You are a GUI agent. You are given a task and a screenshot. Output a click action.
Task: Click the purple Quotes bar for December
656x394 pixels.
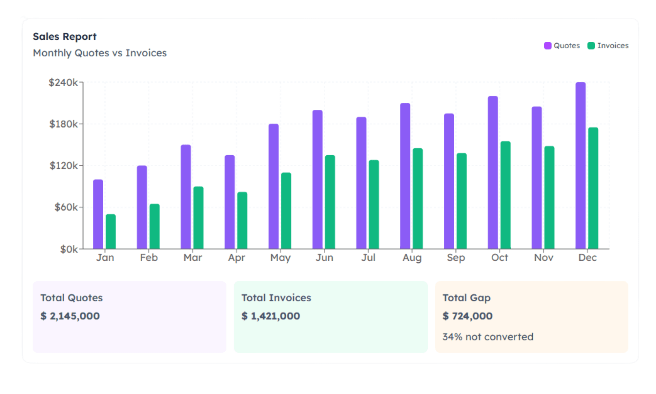[x=580, y=166]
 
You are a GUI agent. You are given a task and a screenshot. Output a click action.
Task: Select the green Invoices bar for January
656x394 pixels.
[x=111, y=231]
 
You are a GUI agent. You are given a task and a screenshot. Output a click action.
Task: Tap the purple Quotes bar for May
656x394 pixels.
[x=274, y=186]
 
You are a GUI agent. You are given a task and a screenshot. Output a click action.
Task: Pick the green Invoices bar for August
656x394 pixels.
[x=418, y=199]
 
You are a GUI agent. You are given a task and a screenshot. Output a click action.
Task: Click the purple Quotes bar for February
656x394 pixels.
[x=142, y=207]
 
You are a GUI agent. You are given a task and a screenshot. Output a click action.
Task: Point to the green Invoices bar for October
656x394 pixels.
[x=505, y=195]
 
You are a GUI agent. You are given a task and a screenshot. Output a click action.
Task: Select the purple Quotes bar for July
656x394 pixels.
[x=361, y=183]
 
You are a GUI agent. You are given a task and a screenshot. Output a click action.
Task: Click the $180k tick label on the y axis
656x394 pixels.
[x=64, y=124]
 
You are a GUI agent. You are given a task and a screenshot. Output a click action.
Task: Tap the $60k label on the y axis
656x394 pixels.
[x=66, y=207]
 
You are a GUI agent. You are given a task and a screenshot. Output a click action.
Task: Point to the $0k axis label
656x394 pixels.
[x=69, y=250]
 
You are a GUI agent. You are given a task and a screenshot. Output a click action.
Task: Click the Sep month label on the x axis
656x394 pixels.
[x=456, y=258]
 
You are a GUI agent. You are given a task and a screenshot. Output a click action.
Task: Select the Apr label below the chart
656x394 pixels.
[x=236, y=258]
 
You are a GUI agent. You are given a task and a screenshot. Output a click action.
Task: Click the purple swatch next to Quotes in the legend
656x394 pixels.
[x=547, y=46]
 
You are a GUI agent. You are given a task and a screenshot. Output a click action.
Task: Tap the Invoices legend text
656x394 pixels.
[x=613, y=46]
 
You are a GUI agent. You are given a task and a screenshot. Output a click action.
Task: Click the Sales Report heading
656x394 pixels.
[x=65, y=36]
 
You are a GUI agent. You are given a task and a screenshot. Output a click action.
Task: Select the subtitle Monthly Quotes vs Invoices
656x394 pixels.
[x=100, y=53]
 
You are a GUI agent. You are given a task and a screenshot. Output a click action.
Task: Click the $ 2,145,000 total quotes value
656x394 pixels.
[x=70, y=316]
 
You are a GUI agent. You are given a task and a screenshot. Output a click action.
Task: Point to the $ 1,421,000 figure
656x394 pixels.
[x=271, y=316]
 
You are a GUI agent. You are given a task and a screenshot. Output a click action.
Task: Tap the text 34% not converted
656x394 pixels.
[x=488, y=337]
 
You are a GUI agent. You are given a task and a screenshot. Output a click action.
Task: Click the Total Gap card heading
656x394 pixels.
[x=466, y=298]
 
